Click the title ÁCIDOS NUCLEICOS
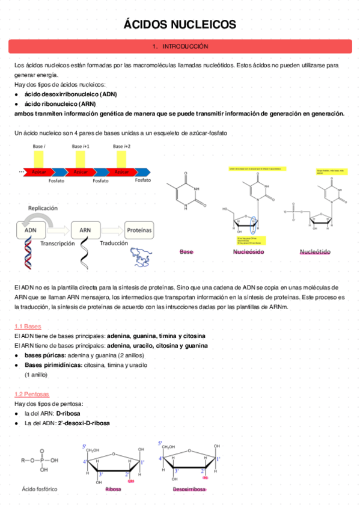[x=180, y=25]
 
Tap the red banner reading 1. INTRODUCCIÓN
[x=180, y=46]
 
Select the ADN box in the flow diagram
[x=31, y=230]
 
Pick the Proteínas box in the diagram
[x=139, y=230]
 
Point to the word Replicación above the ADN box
[x=43, y=208]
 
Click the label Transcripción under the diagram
[x=58, y=244]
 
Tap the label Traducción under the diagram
[x=114, y=244]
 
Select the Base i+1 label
[x=81, y=146]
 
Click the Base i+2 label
[x=121, y=146]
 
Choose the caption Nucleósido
[x=248, y=252]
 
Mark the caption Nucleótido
[x=315, y=252]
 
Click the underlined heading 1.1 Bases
[x=28, y=326]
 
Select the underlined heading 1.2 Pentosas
[x=32, y=394]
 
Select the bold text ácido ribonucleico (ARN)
[x=59, y=103]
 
